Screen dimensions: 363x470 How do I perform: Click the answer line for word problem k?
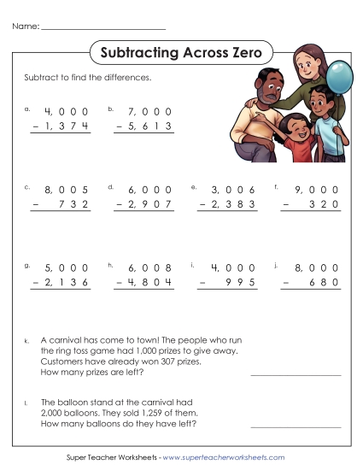point(296,373)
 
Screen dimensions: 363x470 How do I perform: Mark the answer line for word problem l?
point(296,426)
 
